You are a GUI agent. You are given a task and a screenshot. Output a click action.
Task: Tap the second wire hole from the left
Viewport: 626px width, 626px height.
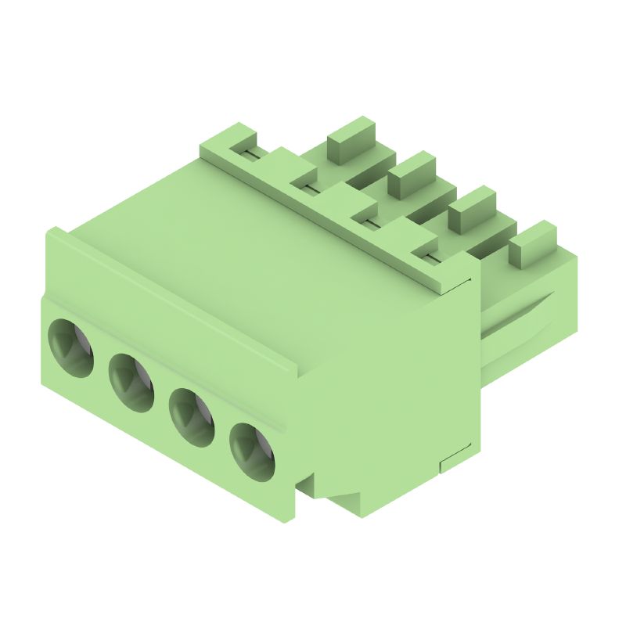click(x=131, y=381)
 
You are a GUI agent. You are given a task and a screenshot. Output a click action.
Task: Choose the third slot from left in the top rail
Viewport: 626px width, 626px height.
click(x=369, y=223)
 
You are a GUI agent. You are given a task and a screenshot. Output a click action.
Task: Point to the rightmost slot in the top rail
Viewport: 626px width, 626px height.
click(x=429, y=257)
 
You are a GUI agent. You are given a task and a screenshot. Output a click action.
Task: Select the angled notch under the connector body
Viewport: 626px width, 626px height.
click(x=333, y=493)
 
